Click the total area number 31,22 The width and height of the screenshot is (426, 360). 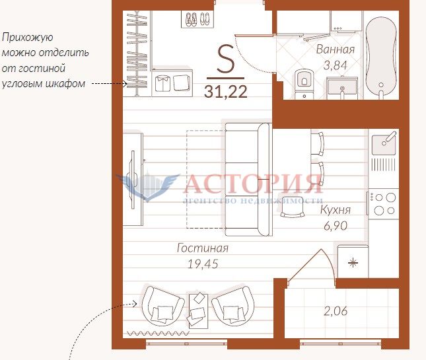click(x=225, y=92)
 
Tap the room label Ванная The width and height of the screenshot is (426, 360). click(x=336, y=50)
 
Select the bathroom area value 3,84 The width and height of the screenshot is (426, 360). click(x=336, y=65)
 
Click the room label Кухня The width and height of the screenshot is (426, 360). click(x=336, y=210)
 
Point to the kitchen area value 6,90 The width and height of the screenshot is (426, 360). click(x=336, y=226)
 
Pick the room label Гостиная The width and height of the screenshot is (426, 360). click(x=203, y=248)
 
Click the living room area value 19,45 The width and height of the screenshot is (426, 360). click(x=203, y=264)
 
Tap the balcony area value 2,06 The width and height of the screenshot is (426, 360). click(x=336, y=311)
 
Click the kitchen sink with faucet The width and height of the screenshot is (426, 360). click(x=384, y=144)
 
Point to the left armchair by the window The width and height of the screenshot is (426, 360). click(x=162, y=305)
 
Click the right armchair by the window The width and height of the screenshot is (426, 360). click(x=233, y=305)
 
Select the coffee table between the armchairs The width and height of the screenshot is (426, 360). click(x=198, y=310)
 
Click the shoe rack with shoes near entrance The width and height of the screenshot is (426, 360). click(x=197, y=19)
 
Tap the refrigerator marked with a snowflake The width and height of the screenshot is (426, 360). click(x=353, y=262)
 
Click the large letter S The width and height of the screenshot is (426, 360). click(x=225, y=59)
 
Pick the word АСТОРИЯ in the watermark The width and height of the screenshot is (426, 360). click(x=253, y=184)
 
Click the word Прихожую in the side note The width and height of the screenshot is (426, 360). click(x=28, y=37)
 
